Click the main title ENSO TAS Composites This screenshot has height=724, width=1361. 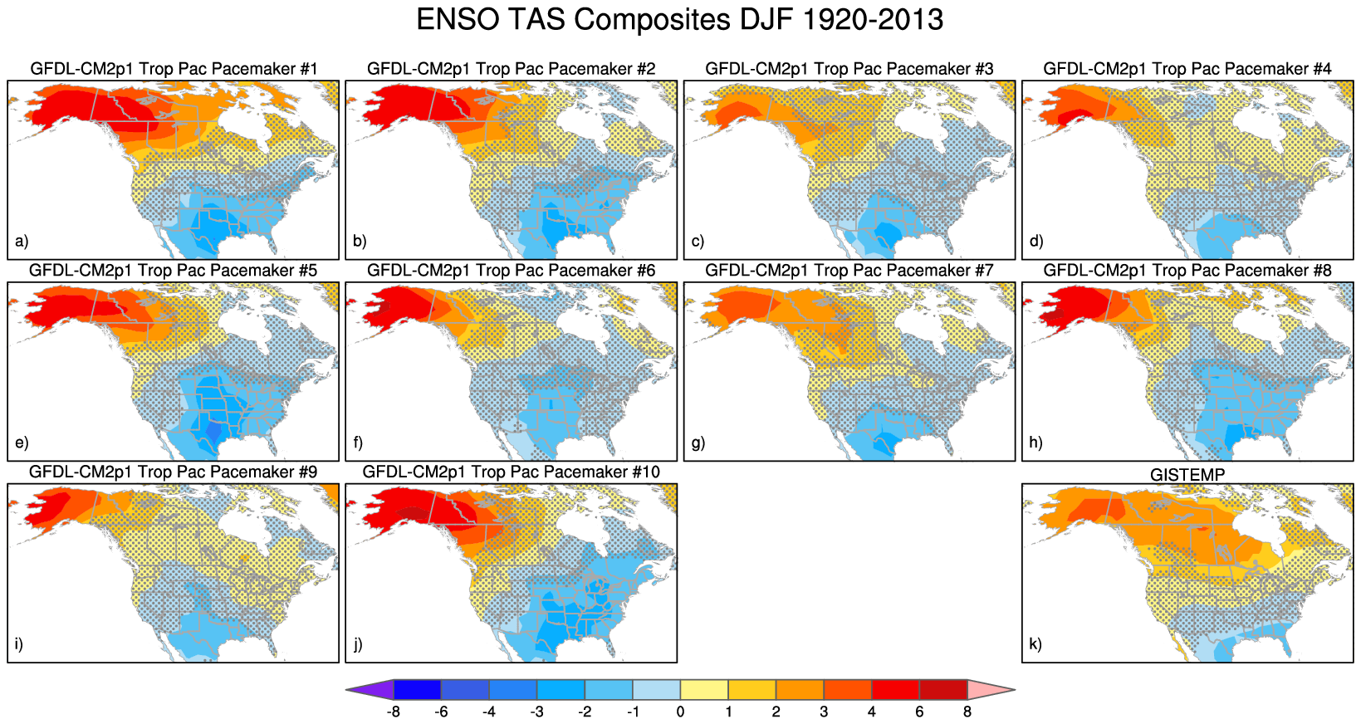[679, 20]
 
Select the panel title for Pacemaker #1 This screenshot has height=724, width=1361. [174, 69]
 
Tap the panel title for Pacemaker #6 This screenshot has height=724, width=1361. [511, 271]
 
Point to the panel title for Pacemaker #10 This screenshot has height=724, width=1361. [511, 472]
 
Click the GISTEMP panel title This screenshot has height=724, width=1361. [1187, 475]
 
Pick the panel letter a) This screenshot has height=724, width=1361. [22, 242]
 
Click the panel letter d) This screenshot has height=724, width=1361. [1035, 242]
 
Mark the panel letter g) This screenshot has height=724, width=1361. [698, 443]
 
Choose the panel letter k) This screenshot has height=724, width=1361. [1035, 644]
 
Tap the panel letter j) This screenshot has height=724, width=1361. [358, 644]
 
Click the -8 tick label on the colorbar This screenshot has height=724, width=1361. [394, 712]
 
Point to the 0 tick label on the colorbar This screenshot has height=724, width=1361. [680, 712]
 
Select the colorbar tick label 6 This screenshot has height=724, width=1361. [919, 712]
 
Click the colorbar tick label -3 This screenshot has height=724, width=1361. [536, 712]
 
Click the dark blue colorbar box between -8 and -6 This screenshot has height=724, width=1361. [417, 689]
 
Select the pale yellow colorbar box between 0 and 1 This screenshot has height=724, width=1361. [704, 689]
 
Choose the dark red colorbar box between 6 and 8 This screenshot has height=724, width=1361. [942, 689]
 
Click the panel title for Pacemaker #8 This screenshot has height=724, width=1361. [1187, 271]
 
